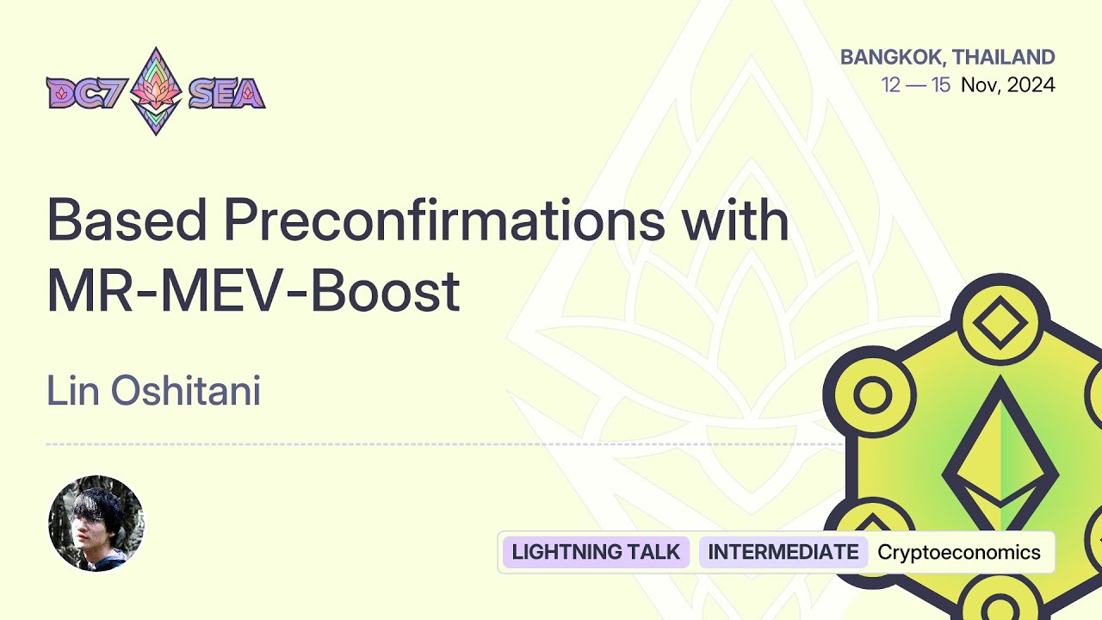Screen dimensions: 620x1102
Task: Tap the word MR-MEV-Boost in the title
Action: coord(253,291)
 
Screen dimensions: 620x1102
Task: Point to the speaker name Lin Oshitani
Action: coord(153,392)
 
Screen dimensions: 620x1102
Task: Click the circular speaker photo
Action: coord(96,524)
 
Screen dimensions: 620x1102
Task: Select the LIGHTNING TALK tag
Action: coord(596,552)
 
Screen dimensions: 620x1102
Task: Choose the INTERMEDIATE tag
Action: coord(783,552)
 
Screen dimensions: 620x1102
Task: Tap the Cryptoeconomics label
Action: coord(959,552)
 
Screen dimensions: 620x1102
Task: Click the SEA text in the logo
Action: coord(226,92)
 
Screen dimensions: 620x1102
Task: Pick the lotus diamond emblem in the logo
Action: coord(156,90)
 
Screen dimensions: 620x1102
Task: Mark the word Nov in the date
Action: coord(979,85)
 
